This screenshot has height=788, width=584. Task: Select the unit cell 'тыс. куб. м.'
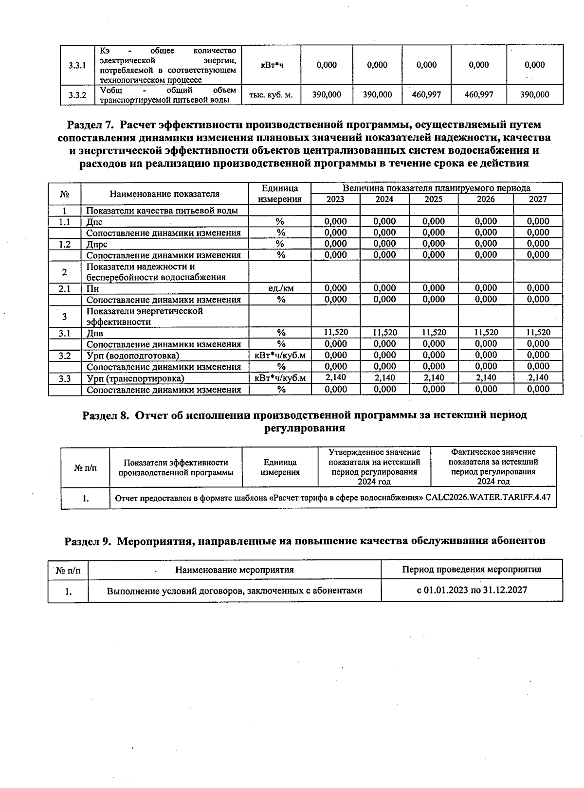click(x=271, y=95)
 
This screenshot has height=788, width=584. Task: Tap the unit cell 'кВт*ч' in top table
click(x=271, y=65)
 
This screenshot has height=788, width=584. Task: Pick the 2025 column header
click(x=433, y=199)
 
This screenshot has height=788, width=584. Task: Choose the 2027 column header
click(x=538, y=199)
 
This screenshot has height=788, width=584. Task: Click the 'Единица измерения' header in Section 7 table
click(x=280, y=194)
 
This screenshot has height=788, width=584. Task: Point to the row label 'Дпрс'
click(x=97, y=244)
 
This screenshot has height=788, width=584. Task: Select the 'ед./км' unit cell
click(x=281, y=288)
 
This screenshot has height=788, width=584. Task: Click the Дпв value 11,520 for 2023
click(x=336, y=333)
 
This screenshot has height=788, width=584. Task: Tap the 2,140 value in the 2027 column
click(x=538, y=378)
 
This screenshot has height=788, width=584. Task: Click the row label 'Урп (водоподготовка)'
click(x=132, y=356)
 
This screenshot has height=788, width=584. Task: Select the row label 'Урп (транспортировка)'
click(x=135, y=378)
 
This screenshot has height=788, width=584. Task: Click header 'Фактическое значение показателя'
click(x=493, y=466)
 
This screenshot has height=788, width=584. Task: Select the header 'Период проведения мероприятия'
click(x=472, y=570)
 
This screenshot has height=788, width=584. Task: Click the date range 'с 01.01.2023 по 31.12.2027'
click(x=472, y=590)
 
